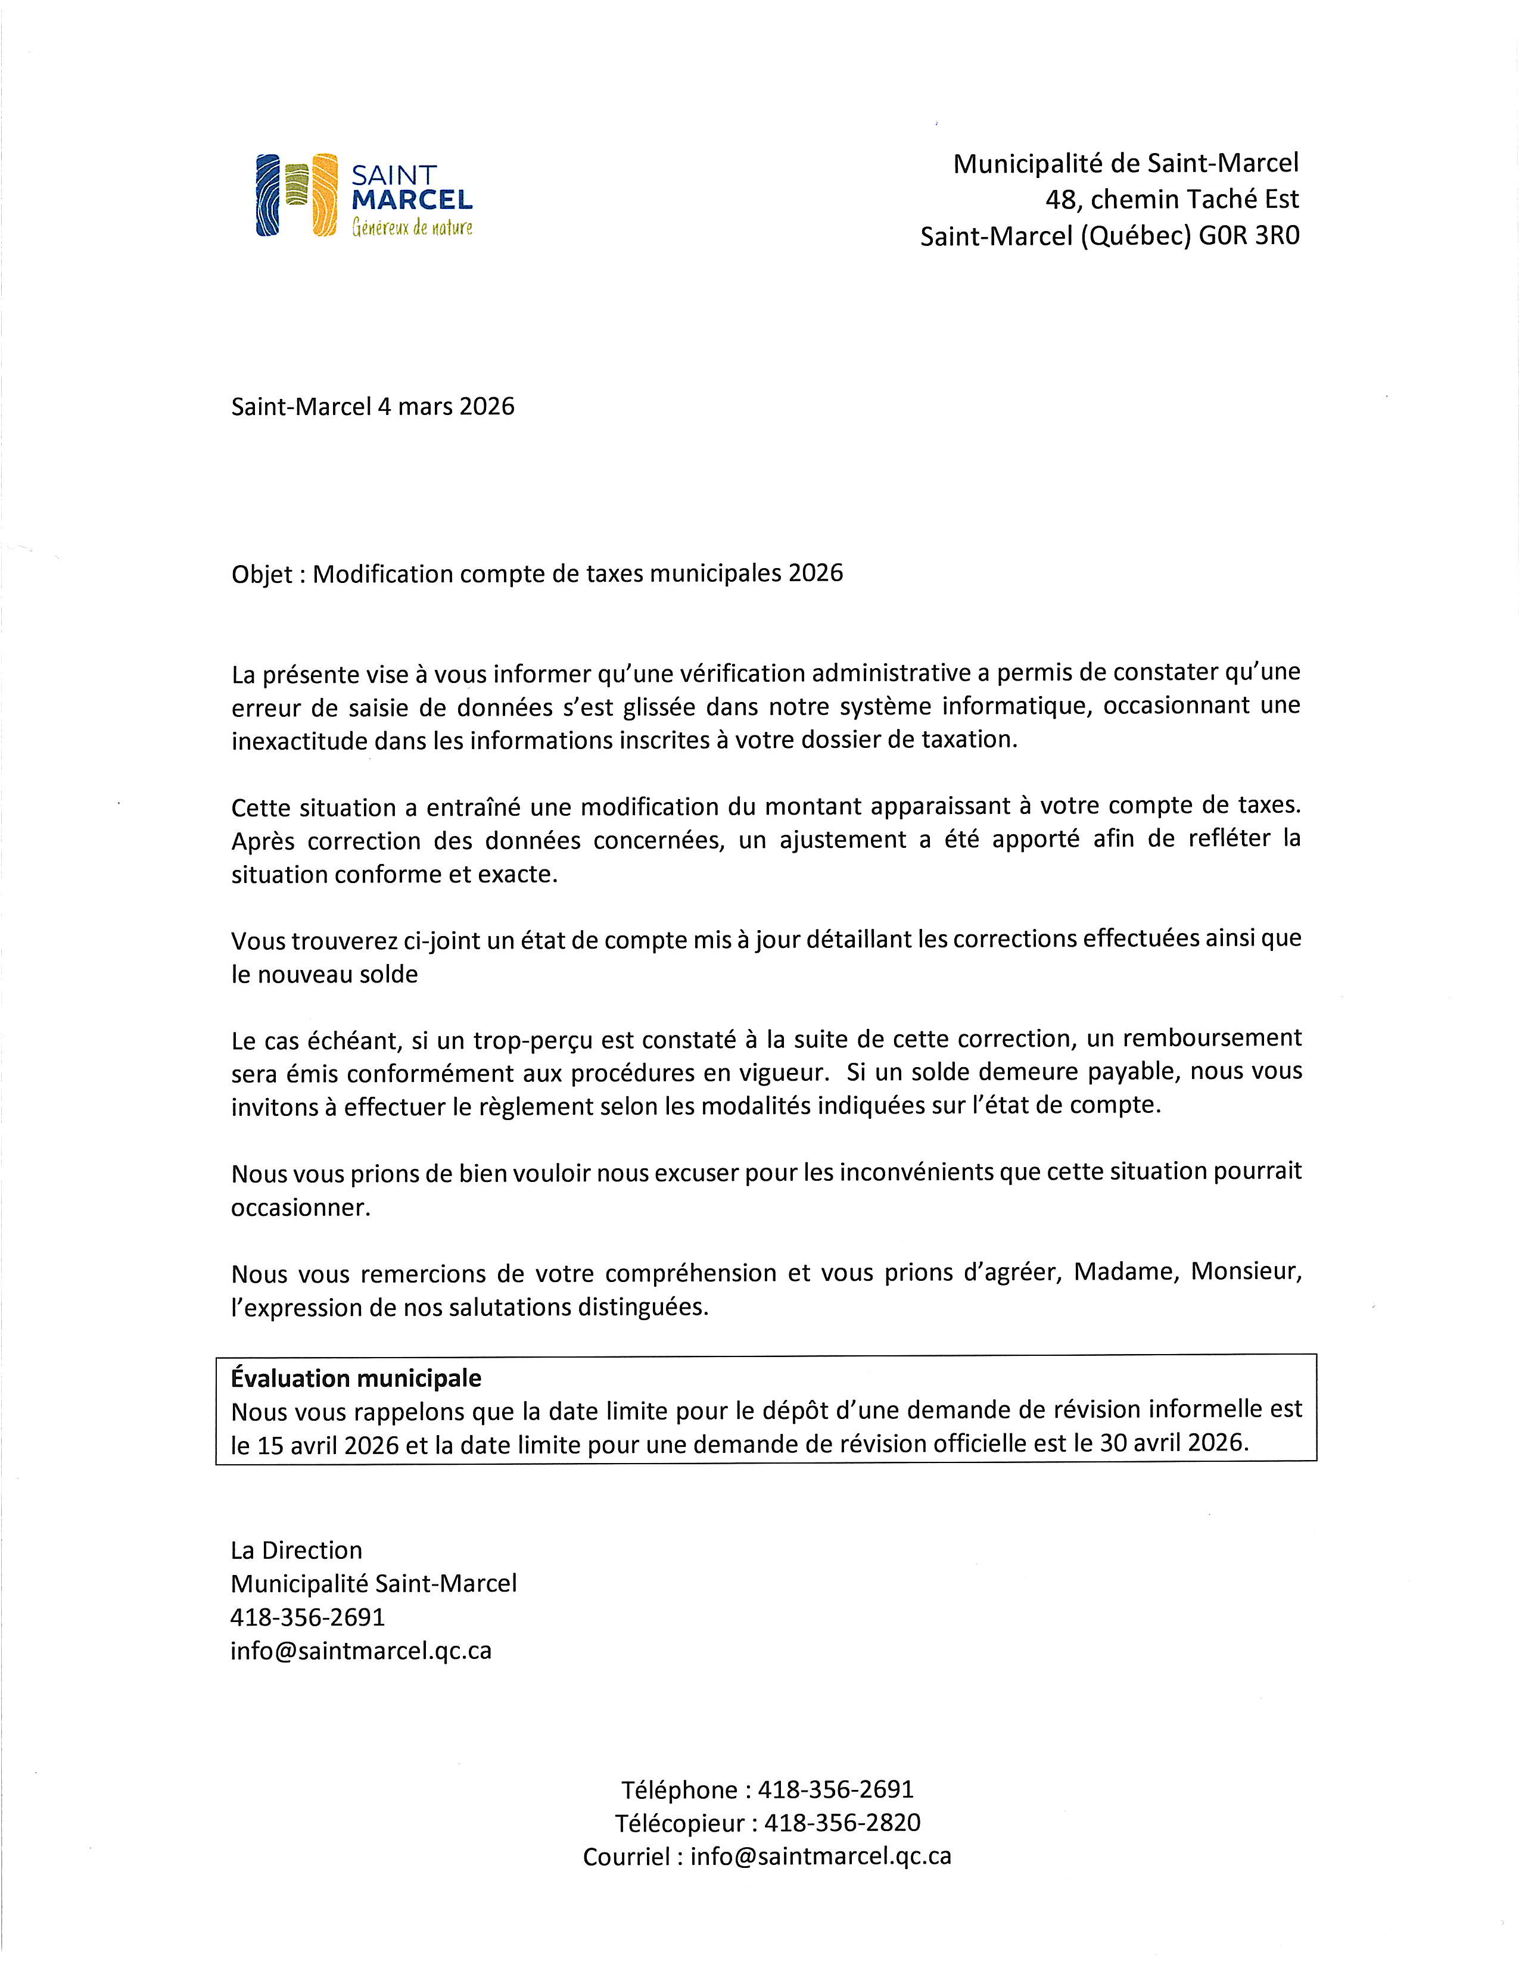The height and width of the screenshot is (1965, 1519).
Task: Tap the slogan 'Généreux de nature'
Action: tap(412, 227)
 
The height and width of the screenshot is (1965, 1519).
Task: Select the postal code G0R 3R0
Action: tap(1249, 236)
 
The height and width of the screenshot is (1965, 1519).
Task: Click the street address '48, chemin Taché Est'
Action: tap(1172, 199)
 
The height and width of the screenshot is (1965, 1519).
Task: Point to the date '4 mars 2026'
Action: tap(446, 407)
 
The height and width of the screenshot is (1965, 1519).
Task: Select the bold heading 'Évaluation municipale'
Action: tap(356, 1378)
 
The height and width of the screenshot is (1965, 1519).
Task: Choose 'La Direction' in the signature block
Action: tap(296, 1550)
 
